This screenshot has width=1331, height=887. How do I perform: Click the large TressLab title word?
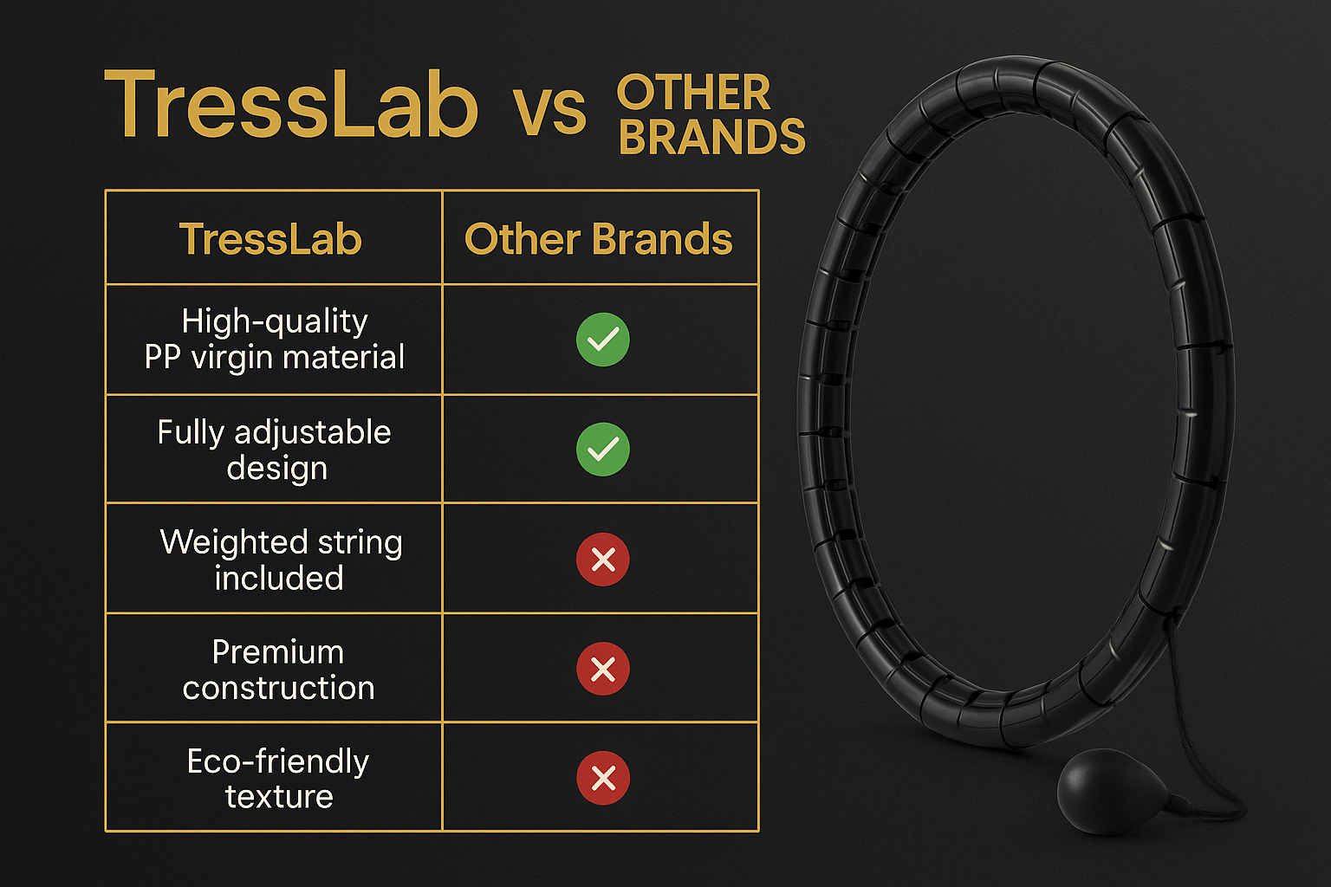(x=290, y=105)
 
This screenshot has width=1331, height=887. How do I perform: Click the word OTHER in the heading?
(x=693, y=94)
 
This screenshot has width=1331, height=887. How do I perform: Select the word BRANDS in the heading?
(x=712, y=138)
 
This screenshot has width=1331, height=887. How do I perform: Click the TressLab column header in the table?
(x=270, y=239)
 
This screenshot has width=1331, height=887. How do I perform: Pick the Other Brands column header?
(x=598, y=239)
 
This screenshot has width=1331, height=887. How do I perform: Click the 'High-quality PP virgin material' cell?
(x=274, y=339)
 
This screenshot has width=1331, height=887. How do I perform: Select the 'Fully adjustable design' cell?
(x=274, y=450)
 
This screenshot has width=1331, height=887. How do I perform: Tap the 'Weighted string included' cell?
(x=280, y=560)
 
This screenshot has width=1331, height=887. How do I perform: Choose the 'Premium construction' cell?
(x=278, y=670)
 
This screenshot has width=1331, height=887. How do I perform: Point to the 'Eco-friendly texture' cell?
(x=278, y=778)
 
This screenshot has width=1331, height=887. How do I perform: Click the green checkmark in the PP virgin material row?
(x=603, y=340)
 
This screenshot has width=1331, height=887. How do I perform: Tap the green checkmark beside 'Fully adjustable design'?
(x=603, y=450)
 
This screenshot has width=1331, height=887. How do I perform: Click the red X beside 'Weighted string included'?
(x=603, y=560)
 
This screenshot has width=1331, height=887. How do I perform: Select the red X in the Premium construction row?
(x=603, y=670)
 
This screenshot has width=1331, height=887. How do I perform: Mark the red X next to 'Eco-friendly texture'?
(x=603, y=778)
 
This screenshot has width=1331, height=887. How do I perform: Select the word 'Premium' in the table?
(x=278, y=651)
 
